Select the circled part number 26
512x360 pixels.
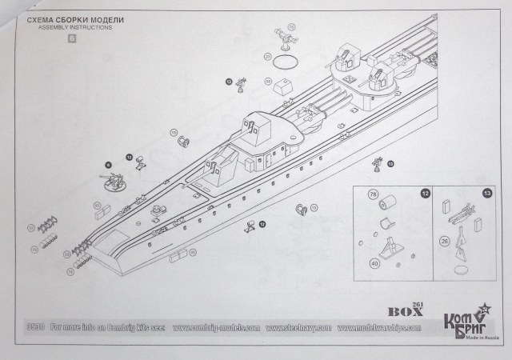point(444,238)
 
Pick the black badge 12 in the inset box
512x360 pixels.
point(425,194)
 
